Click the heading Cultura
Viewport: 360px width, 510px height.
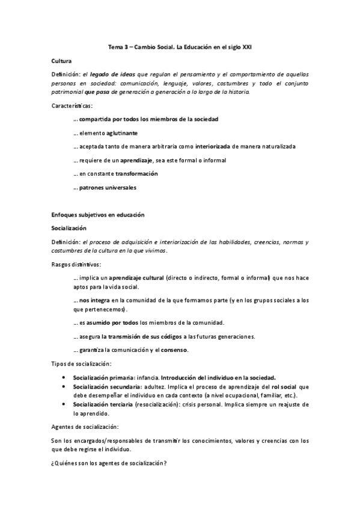[x=62, y=61]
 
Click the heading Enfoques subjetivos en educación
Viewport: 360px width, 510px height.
[x=98, y=215]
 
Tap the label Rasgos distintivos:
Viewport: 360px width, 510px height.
[x=76, y=264]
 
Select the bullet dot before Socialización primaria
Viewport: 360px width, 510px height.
[x=64, y=376]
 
